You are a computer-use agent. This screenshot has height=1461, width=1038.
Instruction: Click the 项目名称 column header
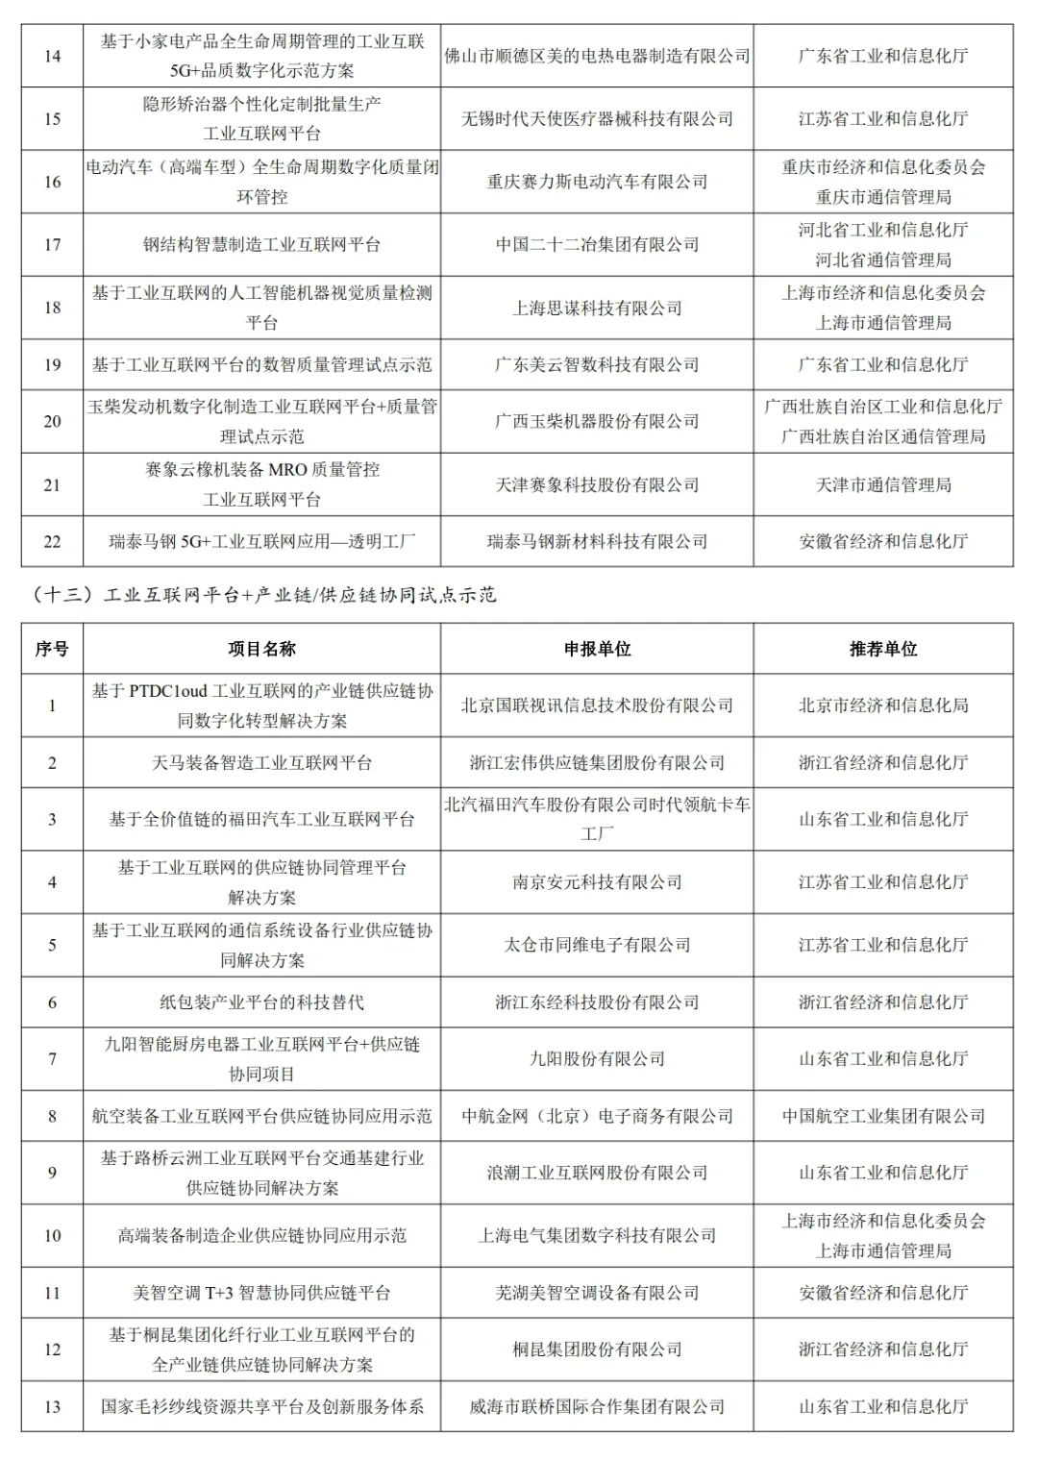coord(261,649)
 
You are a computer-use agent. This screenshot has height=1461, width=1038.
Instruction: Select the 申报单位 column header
coord(597,649)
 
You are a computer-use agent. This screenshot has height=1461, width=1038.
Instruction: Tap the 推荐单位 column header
coord(883,649)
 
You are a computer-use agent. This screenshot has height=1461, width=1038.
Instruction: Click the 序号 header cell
coord(52,649)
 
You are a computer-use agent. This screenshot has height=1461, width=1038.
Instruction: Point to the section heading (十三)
coord(259,595)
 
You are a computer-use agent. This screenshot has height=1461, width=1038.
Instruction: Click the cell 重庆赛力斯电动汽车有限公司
coord(597,182)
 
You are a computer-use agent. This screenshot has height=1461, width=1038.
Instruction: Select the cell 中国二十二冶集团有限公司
coord(597,244)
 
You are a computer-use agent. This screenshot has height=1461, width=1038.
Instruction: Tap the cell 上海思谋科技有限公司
coord(597,308)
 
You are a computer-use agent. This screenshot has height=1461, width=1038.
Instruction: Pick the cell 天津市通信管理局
coord(883,484)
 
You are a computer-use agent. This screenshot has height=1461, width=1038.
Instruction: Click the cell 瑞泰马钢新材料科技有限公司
coord(597,541)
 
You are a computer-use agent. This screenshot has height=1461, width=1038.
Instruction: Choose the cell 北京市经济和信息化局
coord(883,706)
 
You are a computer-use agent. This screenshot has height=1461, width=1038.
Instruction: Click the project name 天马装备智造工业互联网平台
coord(261,762)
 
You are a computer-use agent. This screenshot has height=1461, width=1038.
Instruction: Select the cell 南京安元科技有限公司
coord(597,881)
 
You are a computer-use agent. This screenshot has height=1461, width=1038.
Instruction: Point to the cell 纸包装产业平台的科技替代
coord(261,1003)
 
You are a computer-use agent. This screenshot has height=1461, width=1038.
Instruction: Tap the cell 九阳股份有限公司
coord(597,1058)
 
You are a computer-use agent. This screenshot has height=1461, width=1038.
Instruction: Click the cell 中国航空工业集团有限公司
coord(883,1116)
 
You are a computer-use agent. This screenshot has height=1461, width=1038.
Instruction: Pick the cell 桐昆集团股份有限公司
coord(597,1350)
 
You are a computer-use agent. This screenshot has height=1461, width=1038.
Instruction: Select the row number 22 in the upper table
coord(52,541)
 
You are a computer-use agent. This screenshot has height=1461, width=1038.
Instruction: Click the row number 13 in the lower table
coord(52,1406)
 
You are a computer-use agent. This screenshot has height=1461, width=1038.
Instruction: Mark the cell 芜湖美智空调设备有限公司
coord(597,1293)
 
